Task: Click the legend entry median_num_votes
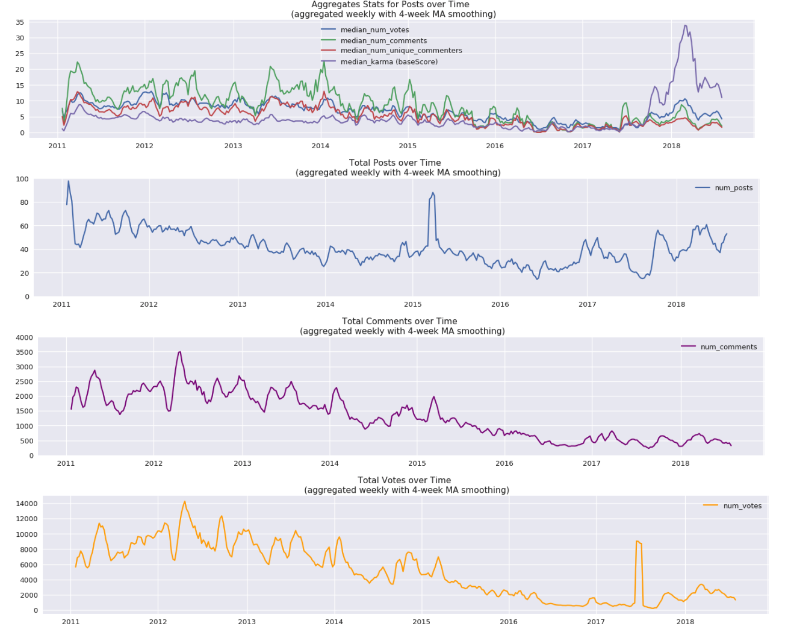click(374, 30)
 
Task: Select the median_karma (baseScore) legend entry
click(389, 61)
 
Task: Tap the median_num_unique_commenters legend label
click(401, 51)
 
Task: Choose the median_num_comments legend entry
click(383, 40)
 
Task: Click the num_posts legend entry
click(733, 188)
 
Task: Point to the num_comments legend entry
click(728, 346)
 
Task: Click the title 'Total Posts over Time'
click(395, 163)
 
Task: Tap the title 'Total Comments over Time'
click(399, 321)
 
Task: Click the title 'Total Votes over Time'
click(404, 480)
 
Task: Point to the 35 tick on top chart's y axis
click(20, 22)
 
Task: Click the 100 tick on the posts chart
click(22, 180)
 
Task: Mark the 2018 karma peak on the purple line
click(685, 26)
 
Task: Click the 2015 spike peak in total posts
click(433, 193)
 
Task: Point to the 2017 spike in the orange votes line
click(638, 542)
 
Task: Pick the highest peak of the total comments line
click(179, 352)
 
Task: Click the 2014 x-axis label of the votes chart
click(334, 622)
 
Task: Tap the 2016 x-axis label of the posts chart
click(500, 304)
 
